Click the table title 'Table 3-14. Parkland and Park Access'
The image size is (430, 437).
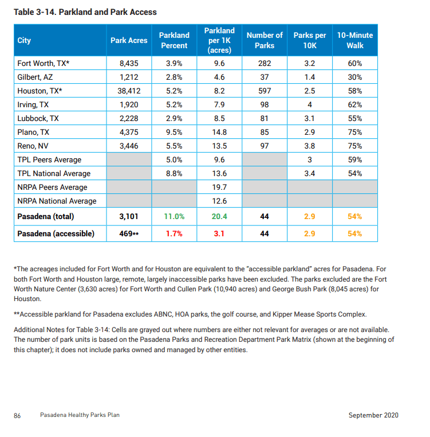tap(85, 12)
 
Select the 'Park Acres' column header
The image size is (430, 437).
tap(129, 41)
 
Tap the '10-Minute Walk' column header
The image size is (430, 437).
tap(355, 41)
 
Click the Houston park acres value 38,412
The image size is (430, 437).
tap(129, 91)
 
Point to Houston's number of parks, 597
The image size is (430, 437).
tap(265, 91)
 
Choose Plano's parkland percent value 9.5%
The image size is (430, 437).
tap(174, 132)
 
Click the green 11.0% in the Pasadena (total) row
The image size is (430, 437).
tap(174, 217)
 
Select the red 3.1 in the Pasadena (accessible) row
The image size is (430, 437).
tap(219, 234)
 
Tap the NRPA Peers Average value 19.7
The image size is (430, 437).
tap(219, 188)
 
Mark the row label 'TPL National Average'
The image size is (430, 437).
tap(54, 174)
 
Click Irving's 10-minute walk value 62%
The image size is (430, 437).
tap(355, 105)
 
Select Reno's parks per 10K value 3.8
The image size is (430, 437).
tap(310, 146)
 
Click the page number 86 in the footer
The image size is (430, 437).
tap(17, 415)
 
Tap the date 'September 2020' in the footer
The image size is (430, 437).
tap(373, 415)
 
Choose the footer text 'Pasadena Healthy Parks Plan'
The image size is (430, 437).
tap(80, 415)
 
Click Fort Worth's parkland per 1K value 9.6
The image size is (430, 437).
tap(219, 64)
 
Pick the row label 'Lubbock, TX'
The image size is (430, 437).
tap(38, 119)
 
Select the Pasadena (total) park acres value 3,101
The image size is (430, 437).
tap(129, 217)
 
